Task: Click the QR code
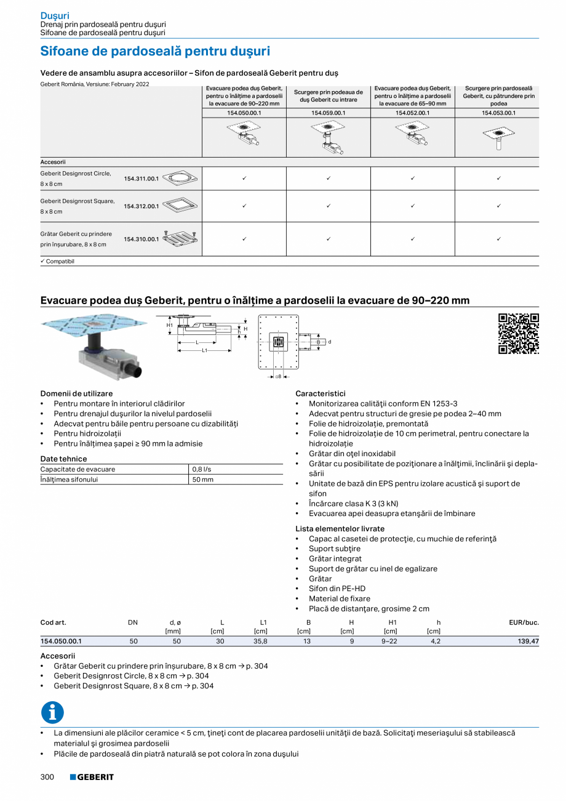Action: point(518,334)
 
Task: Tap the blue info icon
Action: point(52,712)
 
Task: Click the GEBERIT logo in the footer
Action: point(92,777)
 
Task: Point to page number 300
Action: point(47,777)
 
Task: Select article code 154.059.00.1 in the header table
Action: point(328,113)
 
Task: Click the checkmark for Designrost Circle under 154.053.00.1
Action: point(498,179)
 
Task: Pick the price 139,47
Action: point(527,641)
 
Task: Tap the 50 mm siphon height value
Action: point(203,479)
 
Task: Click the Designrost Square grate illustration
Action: point(181,206)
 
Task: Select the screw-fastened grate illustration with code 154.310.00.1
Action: point(180,239)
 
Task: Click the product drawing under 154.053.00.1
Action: point(498,137)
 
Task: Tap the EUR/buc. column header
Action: point(524,622)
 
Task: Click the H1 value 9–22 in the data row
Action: point(389,641)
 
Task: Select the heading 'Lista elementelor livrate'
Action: point(340,528)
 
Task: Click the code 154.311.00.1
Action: point(141,179)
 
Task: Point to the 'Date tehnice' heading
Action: point(63,459)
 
